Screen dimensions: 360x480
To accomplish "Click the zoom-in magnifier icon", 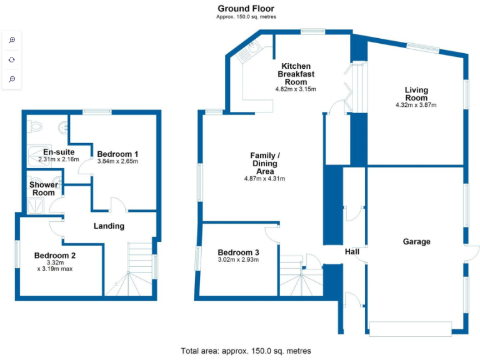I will coord(12,40).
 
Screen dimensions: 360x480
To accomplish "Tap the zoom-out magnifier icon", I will coord(12,79).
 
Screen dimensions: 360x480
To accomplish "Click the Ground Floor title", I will coord(246,8).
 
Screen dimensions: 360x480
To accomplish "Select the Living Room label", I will coord(416,94).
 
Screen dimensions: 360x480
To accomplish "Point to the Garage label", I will coord(416,241).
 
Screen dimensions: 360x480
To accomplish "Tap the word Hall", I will coord(352,252).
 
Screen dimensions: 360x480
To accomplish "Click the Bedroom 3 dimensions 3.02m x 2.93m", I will coord(237,259).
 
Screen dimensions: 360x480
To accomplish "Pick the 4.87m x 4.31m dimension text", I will coord(264,179).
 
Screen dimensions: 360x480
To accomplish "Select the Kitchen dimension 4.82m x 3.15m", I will coord(296,89).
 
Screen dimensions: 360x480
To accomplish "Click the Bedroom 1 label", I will coord(117,154).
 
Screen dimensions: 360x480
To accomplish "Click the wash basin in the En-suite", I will coord(62,128).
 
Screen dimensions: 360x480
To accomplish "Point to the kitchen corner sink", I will coord(252,50).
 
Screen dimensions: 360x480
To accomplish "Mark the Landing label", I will coord(109,226).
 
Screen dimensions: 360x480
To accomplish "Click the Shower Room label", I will coord(44,189).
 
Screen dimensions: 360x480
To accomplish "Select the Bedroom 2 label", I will coord(55,255).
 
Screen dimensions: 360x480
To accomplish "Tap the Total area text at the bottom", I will coord(246,351).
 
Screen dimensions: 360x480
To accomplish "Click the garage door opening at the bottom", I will coord(410,328).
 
